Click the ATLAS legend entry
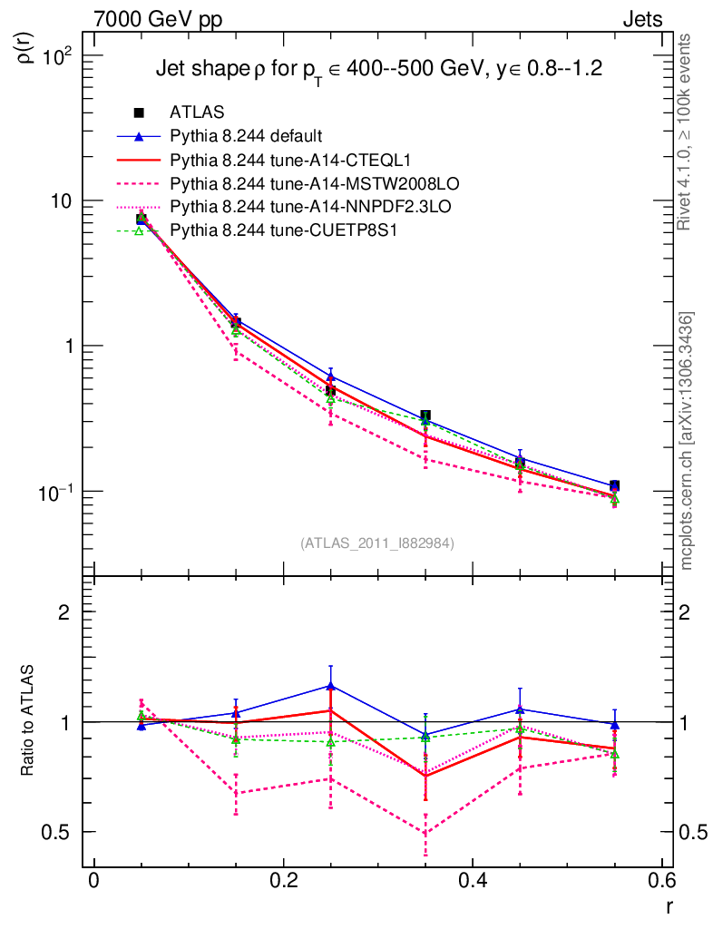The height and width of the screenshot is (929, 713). [x=197, y=112]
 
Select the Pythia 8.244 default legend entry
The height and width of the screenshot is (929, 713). [x=246, y=137]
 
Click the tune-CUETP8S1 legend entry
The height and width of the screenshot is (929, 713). [x=272, y=231]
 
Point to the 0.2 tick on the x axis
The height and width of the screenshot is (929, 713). [x=283, y=879]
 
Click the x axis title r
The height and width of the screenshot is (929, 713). [x=668, y=905]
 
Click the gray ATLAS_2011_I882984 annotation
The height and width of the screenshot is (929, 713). [x=377, y=543]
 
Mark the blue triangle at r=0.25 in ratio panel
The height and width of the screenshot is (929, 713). [x=330, y=685]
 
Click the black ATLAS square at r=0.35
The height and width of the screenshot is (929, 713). [x=425, y=416]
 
